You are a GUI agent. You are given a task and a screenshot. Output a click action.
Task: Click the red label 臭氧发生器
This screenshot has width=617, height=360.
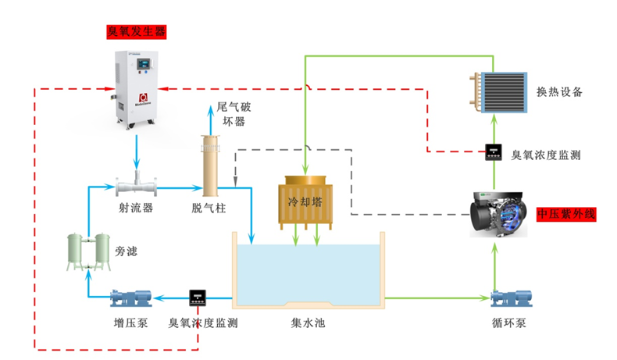click(x=137, y=33)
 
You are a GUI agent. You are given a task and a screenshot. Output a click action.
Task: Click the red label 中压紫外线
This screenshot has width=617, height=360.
click(x=567, y=213)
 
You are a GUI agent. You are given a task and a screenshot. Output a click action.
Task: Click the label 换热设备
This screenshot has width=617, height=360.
click(x=560, y=92)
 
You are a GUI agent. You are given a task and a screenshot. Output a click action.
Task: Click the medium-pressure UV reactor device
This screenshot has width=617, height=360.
click(x=501, y=212)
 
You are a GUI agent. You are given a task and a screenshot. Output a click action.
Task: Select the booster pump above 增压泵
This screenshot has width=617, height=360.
click(x=131, y=298)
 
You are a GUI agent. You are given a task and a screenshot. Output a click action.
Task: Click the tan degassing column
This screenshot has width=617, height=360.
click(x=209, y=165)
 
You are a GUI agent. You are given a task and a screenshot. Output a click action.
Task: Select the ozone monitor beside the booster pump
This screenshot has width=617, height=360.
click(x=197, y=298)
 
